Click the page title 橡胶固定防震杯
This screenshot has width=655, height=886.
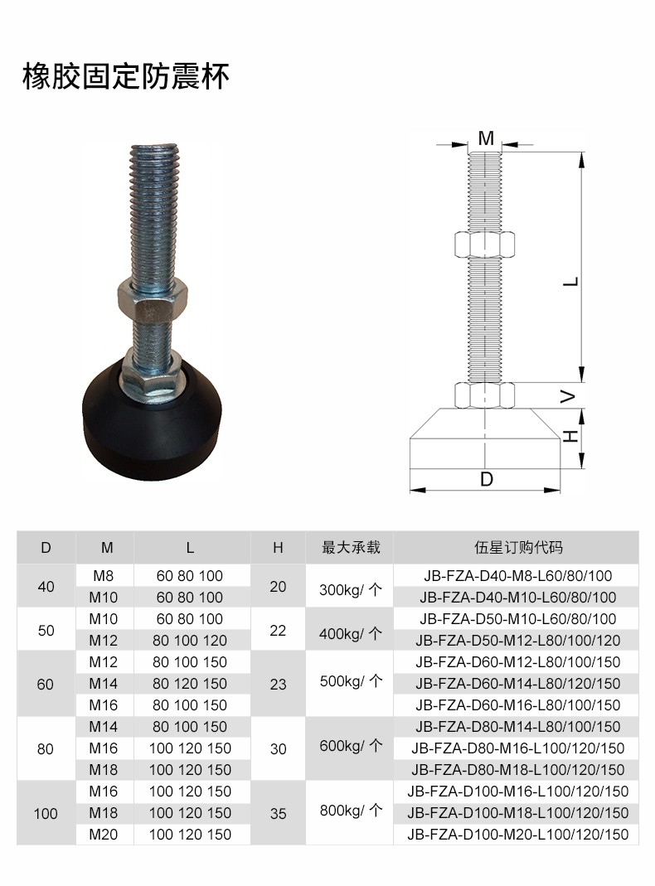[x=125, y=76]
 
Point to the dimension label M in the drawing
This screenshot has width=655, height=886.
[x=486, y=138]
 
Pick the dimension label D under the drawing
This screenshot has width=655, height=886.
[x=486, y=479]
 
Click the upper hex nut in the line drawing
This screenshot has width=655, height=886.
[x=484, y=244]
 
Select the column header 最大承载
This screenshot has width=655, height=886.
[x=351, y=547]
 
